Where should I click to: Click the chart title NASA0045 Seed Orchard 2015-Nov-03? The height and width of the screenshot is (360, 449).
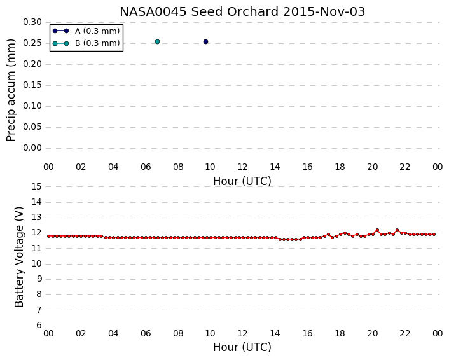[x=242, y=11]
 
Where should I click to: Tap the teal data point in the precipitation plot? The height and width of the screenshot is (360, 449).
[x=157, y=42]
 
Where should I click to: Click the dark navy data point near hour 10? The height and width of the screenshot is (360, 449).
[x=205, y=42]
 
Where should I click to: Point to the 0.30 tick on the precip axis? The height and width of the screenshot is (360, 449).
[x=32, y=22]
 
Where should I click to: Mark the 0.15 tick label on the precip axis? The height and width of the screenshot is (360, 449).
[x=32, y=85]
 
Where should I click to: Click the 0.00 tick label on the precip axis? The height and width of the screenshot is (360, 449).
[x=32, y=148]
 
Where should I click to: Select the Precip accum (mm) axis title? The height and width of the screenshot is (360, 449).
[x=11, y=90]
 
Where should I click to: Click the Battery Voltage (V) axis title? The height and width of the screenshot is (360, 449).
[x=19, y=257]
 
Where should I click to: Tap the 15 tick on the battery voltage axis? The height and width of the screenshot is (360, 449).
[x=36, y=187]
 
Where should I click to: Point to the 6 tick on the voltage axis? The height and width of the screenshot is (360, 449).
[x=39, y=326]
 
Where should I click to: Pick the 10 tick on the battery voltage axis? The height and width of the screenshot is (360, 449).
[x=36, y=264]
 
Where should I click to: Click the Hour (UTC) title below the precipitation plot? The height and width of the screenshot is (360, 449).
[x=242, y=181]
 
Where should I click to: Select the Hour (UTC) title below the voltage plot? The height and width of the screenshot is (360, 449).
[x=242, y=347]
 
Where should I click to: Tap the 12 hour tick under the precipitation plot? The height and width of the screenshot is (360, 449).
[x=242, y=167]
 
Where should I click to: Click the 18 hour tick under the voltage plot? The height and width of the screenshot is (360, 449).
[x=340, y=334]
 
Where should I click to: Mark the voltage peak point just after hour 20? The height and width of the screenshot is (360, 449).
[x=377, y=230]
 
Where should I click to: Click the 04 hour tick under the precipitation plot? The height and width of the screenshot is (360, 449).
[x=113, y=167]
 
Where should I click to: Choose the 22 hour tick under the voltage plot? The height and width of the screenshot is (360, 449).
[x=405, y=334]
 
